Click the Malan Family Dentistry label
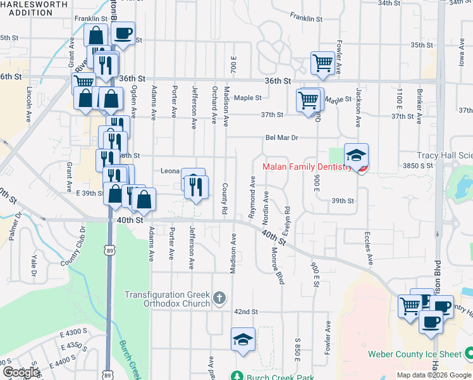[x=306, y=167]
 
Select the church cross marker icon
[x=219, y=298]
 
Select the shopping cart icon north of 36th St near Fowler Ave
[x=322, y=63]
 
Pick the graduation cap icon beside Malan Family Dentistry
[x=356, y=155]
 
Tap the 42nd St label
[x=245, y=312]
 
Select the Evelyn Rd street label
[x=287, y=217]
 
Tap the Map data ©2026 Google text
[x=434, y=375]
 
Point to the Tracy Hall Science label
[x=445, y=155]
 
